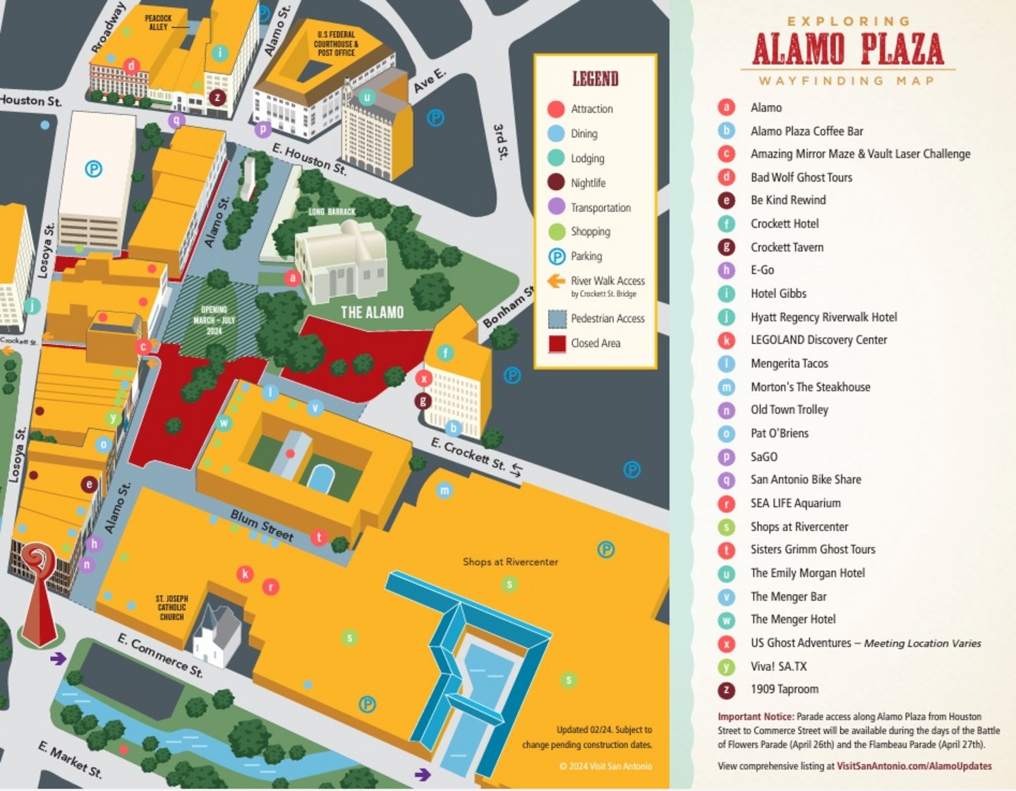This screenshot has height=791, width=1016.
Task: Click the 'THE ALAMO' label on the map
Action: tap(372, 312)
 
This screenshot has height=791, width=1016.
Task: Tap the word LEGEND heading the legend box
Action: tap(595, 78)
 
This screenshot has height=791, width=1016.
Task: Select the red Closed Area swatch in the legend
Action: tap(557, 343)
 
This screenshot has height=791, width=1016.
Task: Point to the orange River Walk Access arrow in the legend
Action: tap(556, 281)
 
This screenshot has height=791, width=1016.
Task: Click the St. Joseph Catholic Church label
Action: tap(171, 607)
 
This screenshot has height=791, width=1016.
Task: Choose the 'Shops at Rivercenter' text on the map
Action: tap(510, 562)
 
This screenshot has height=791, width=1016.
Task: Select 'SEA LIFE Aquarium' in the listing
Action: tap(795, 503)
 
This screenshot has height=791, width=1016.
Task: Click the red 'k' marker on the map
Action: tap(245, 573)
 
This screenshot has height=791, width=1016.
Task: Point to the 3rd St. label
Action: tap(500, 142)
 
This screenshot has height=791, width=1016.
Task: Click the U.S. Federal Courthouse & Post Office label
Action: tap(336, 43)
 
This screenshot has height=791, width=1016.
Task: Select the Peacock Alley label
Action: tap(158, 23)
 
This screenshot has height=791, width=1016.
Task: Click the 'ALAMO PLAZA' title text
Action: tap(847, 49)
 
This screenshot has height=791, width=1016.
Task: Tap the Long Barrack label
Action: tap(332, 212)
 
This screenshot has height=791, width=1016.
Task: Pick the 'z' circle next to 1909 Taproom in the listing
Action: tap(726, 689)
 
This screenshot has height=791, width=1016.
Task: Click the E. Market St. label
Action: tap(70, 760)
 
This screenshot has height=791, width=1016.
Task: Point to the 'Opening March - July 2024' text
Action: tap(214, 320)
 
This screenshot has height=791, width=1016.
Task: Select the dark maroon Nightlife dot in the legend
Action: tap(556, 182)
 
